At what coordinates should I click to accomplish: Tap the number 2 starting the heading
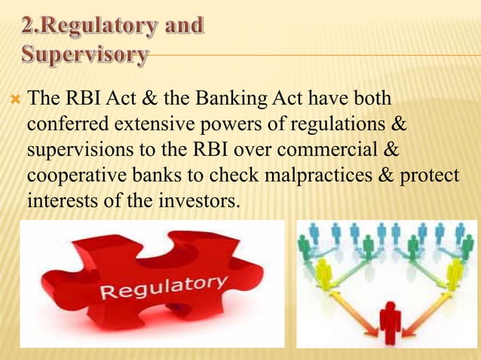point(27,26)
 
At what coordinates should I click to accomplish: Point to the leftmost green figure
point(305,246)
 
